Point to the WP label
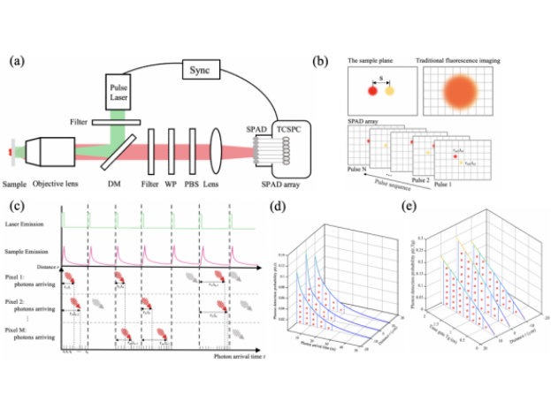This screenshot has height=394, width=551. point(172,186)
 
